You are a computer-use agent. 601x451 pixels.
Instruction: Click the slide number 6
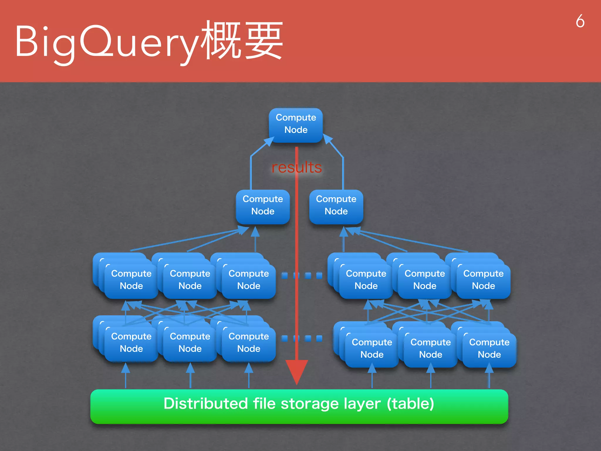[580, 21]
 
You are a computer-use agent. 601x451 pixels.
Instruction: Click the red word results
[296, 167]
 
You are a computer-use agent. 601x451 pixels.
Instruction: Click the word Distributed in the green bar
[205, 403]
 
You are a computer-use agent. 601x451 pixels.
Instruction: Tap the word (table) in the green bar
[410, 403]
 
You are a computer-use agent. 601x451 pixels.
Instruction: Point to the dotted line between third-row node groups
[302, 275]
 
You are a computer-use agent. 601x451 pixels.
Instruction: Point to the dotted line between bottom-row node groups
[302, 338]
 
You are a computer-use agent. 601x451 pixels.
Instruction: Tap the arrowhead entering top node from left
[269, 141]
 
